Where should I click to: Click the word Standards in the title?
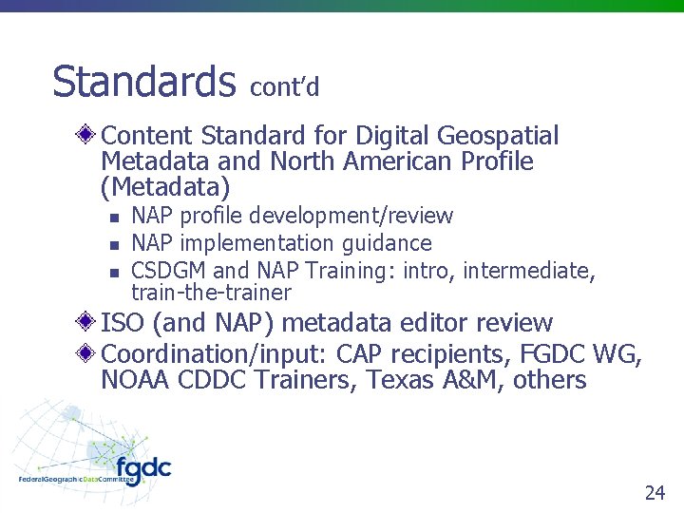(x=143, y=82)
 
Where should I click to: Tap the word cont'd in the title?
(x=285, y=87)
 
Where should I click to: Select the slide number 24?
(x=655, y=492)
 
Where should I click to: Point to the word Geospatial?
(x=500, y=137)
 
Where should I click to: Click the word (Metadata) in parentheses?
(x=164, y=186)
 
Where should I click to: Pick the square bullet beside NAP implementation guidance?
(x=115, y=245)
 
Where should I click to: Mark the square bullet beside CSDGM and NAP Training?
(x=115, y=273)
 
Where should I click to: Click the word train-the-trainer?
(x=211, y=293)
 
